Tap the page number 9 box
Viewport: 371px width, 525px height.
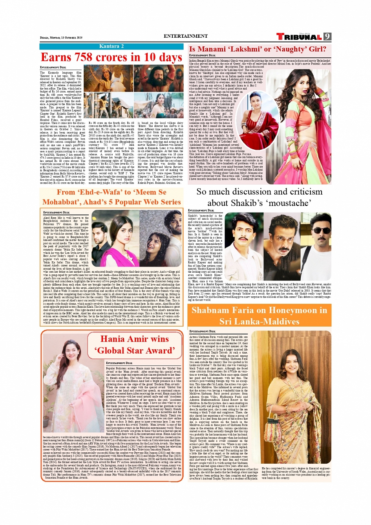point(327,37)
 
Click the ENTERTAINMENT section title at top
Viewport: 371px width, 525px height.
point(185,36)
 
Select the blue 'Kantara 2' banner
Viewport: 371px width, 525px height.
point(111,46)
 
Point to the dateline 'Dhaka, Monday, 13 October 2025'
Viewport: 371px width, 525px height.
point(61,38)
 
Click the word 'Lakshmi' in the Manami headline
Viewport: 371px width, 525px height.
point(244,49)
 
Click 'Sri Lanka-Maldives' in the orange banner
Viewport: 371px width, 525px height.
point(259,321)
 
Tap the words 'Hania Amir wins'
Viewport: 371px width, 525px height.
point(135,339)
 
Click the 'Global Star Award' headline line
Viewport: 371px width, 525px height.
point(135,350)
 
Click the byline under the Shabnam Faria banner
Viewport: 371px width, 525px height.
point(202,331)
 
